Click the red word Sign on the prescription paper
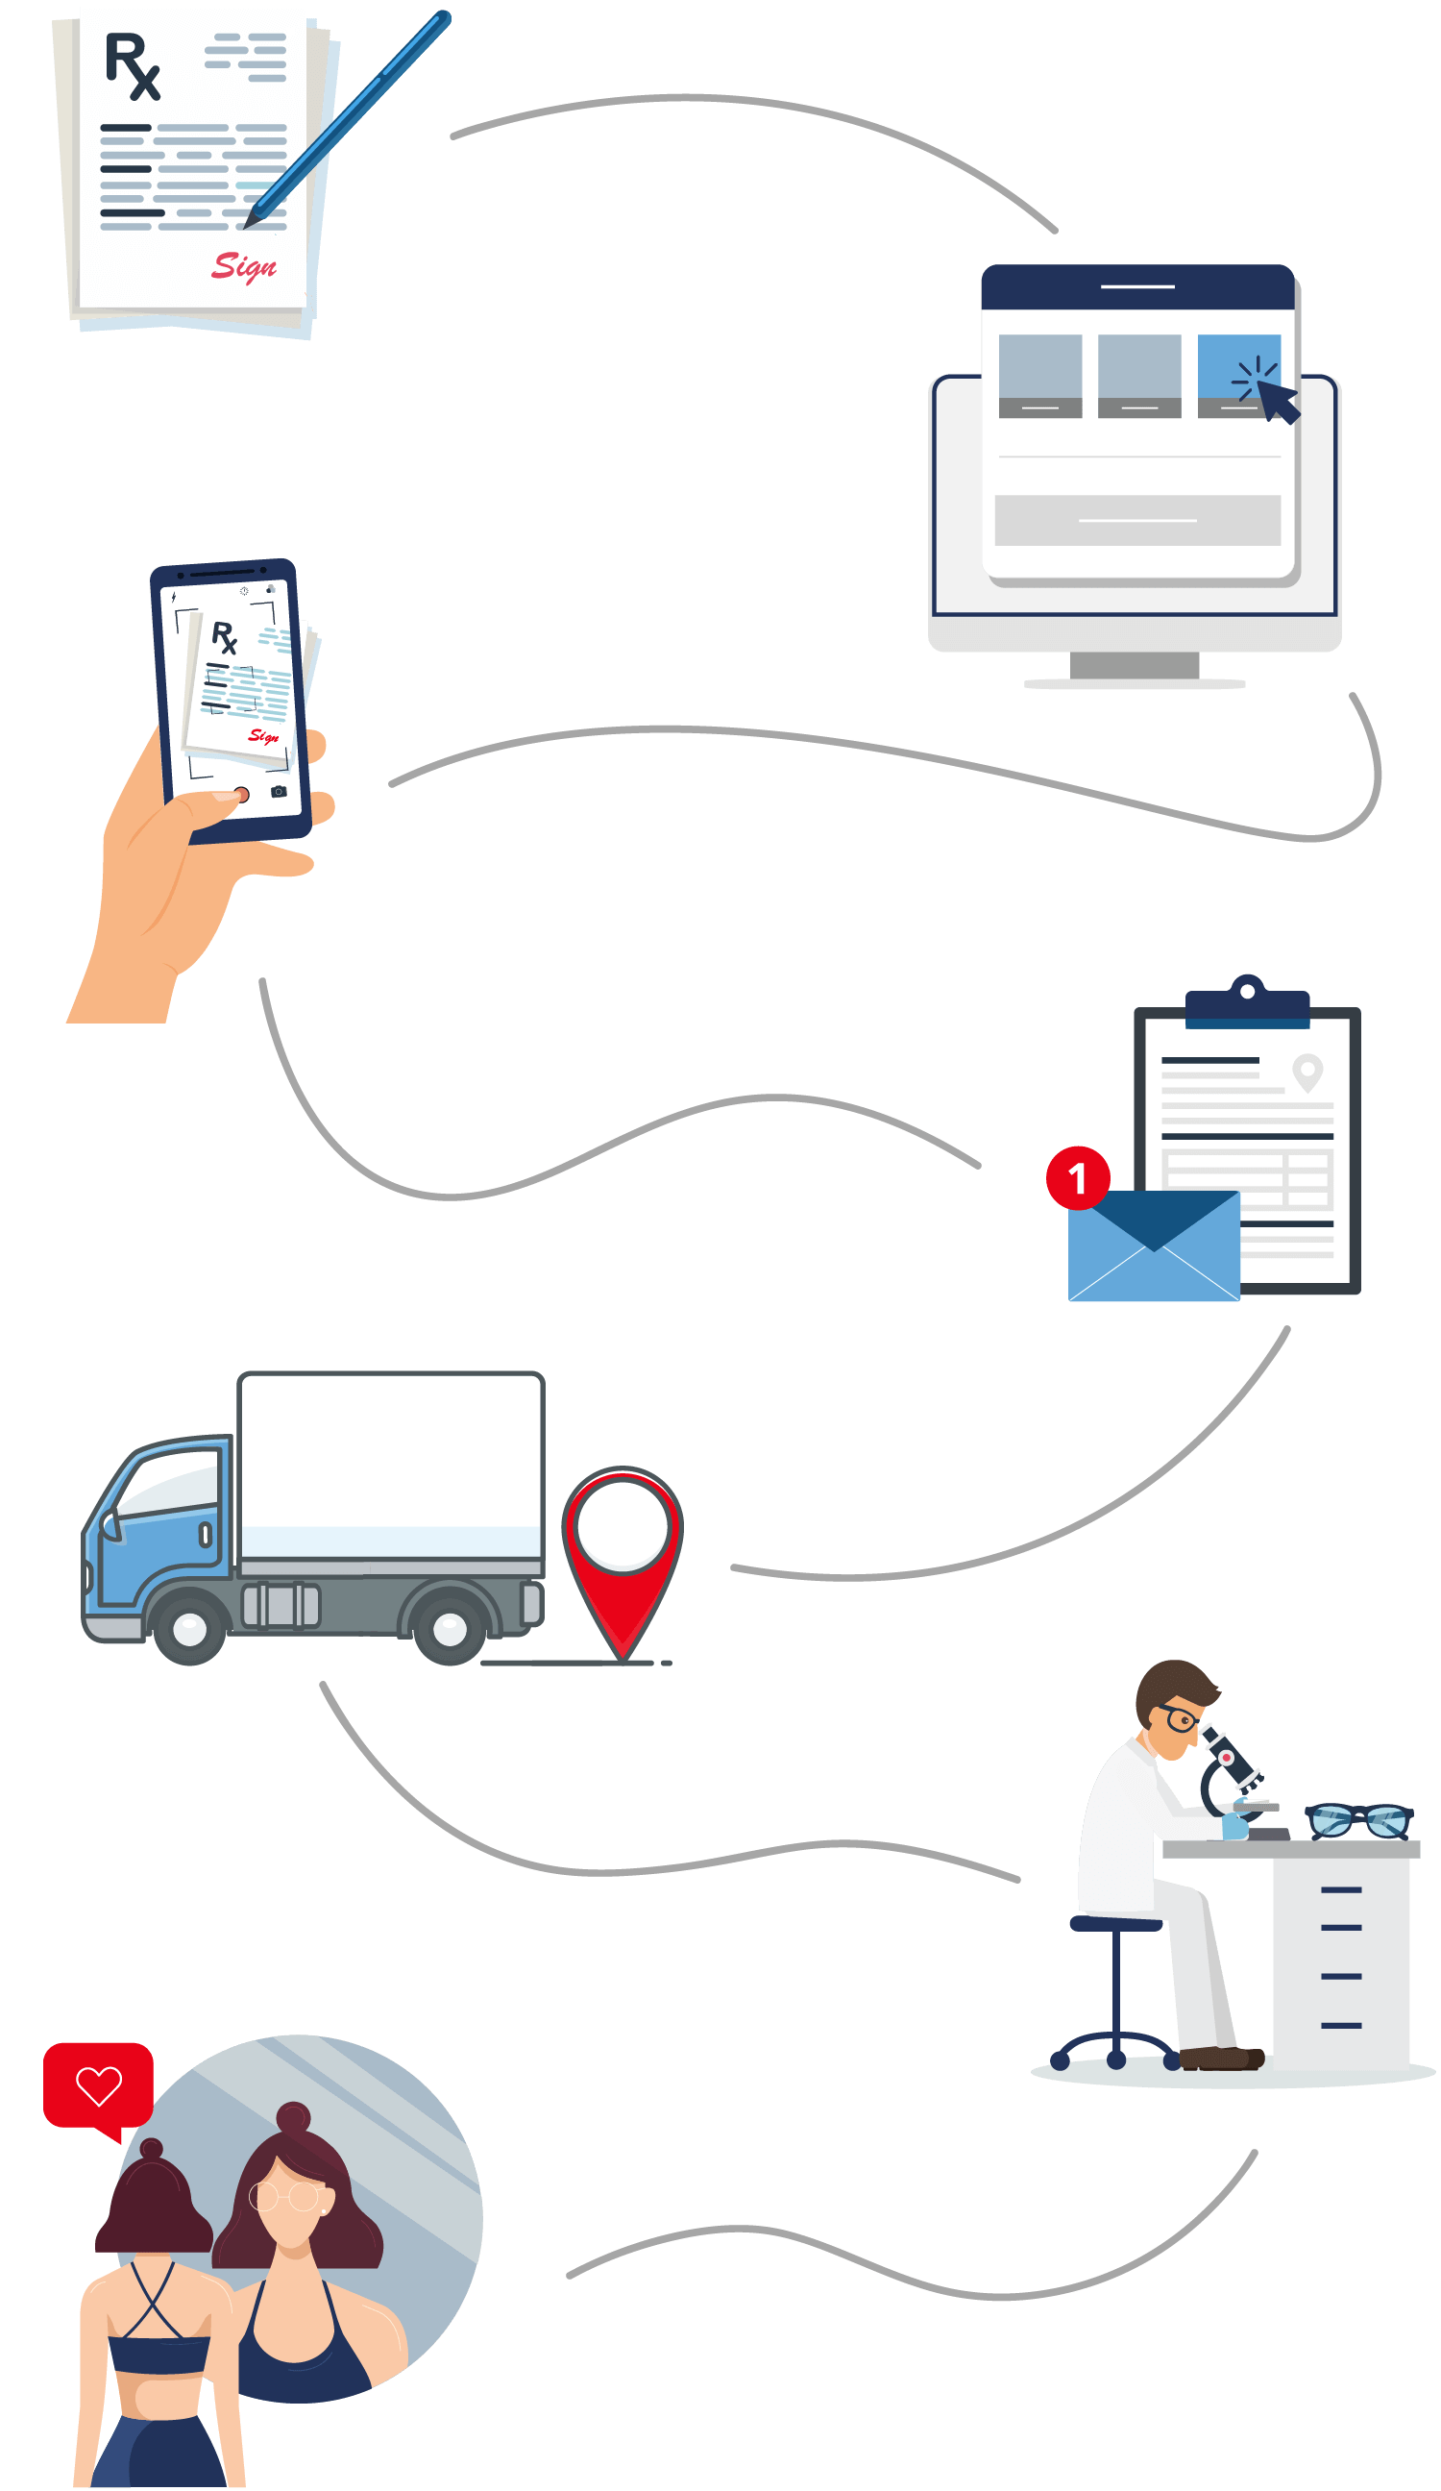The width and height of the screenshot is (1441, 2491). (243, 266)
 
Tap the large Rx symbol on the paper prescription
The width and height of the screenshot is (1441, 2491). (133, 66)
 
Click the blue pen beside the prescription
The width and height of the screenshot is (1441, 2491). (347, 117)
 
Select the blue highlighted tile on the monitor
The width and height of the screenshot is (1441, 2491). (1238, 376)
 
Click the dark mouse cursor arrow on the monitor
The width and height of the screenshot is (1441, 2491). (1279, 402)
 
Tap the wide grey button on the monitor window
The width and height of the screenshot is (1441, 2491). (1136, 520)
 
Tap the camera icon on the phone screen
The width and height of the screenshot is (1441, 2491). (279, 792)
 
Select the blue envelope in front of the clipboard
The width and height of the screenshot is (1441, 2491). (1154, 1245)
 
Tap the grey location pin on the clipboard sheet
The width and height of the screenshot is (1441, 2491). (1307, 1073)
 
